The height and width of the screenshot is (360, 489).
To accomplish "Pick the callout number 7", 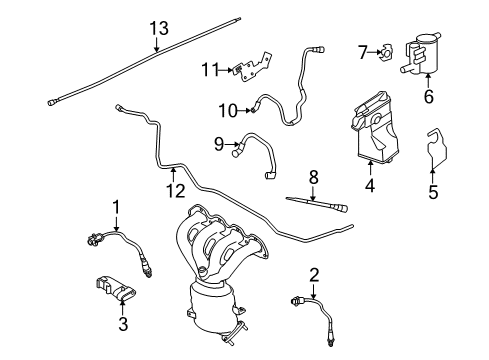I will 364,51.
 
